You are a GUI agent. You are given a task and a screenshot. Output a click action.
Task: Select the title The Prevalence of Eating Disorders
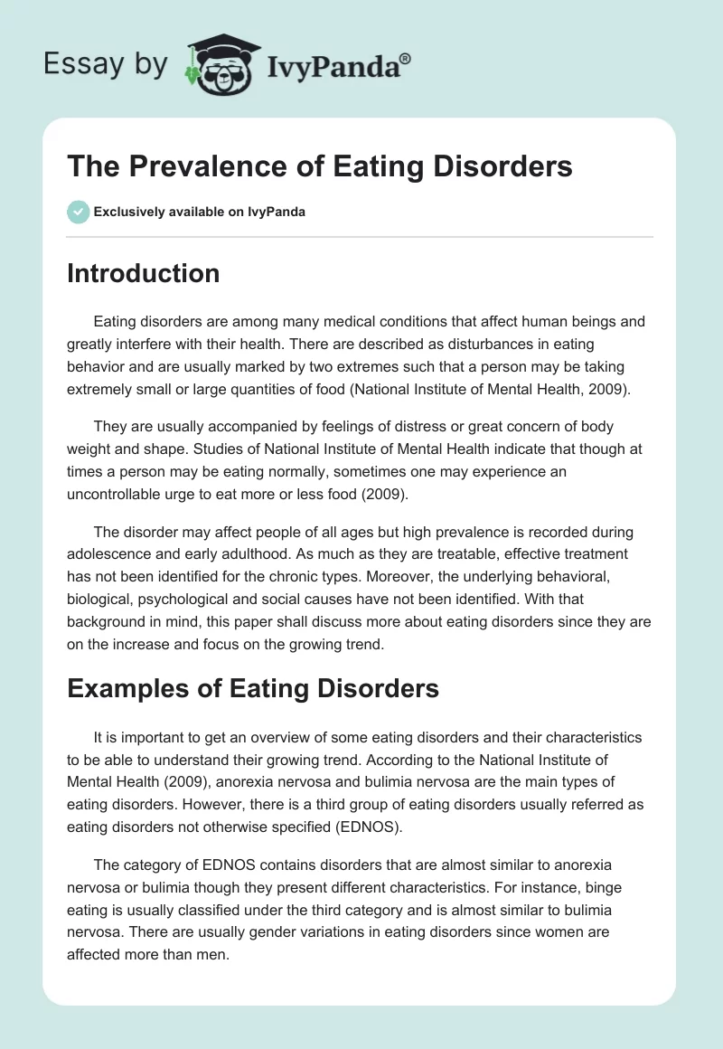point(320,167)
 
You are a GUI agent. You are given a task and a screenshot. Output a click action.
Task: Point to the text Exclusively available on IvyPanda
point(199,213)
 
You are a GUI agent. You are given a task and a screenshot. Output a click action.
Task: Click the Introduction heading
point(143,273)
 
